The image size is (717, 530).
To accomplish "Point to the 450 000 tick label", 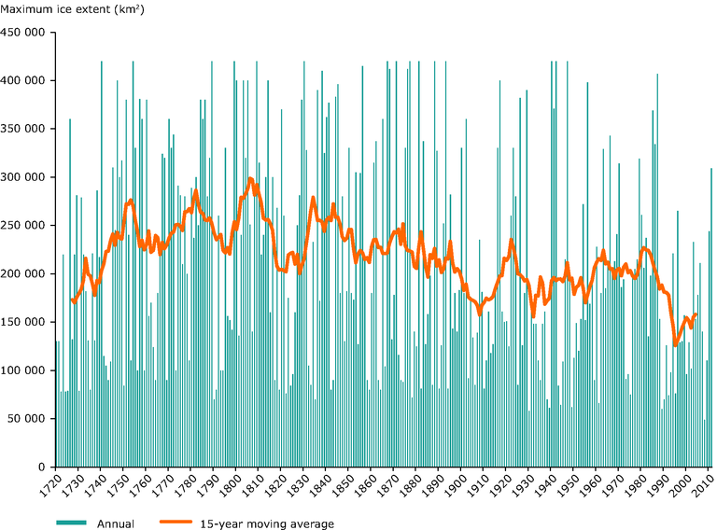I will click(x=25, y=32).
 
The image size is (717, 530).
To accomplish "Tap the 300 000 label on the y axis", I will click(x=25, y=177).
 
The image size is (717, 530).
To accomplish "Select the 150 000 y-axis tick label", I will click(x=25, y=322).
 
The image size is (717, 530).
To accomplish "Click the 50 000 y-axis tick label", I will click(x=28, y=419).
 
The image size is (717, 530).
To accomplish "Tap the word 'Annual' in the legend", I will click(x=117, y=523).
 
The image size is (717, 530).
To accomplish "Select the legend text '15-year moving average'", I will click(x=267, y=523).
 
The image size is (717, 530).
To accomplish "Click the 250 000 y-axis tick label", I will click(x=25, y=225).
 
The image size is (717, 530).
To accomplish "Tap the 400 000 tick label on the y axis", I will click(x=25, y=80).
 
